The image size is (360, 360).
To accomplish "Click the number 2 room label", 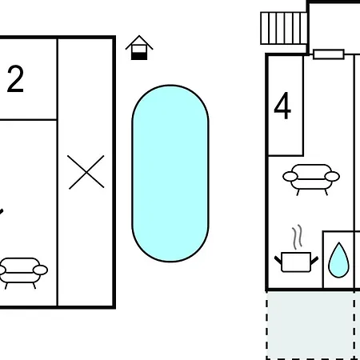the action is pos(15,79).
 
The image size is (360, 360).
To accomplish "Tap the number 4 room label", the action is pos(282,106).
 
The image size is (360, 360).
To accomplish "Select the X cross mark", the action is pos(86,172).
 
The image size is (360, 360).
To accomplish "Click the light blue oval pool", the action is pos(170,174).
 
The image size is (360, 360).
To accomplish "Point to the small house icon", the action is pos(139,48).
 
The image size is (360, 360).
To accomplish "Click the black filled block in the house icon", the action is pos(139,56).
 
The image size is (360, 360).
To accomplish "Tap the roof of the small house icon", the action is pos(139,42).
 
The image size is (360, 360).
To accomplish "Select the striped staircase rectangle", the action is pos(284,28).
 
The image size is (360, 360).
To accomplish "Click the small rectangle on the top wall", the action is pos(329,54).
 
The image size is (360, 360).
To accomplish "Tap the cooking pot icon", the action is pos(296,262).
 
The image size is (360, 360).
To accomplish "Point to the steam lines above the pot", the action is pos(298,237).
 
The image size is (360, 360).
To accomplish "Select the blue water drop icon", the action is pos(338,260).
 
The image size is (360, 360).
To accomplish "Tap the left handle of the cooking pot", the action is pos(278,260).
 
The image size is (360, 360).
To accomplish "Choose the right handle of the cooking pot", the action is pos(314,260).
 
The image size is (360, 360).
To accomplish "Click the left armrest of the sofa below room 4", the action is pos(290,176).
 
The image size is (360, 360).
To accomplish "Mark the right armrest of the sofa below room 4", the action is pos(332,176).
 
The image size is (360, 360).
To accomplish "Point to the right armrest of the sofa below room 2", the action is pos(41,270).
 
